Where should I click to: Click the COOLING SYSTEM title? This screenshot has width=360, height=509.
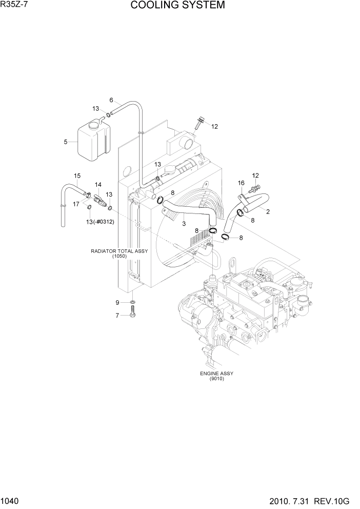[x=177, y=6]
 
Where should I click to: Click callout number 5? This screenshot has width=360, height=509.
[x=66, y=142]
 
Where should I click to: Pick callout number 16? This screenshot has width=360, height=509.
[x=241, y=183]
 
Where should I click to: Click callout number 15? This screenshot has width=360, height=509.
[x=77, y=175]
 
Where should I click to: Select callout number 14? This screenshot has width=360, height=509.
[x=98, y=184]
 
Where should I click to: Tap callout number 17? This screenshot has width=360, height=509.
[x=76, y=204]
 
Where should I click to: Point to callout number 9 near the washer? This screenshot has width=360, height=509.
[x=117, y=302]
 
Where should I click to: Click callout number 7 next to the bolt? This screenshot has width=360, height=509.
[x=117, y=316]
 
